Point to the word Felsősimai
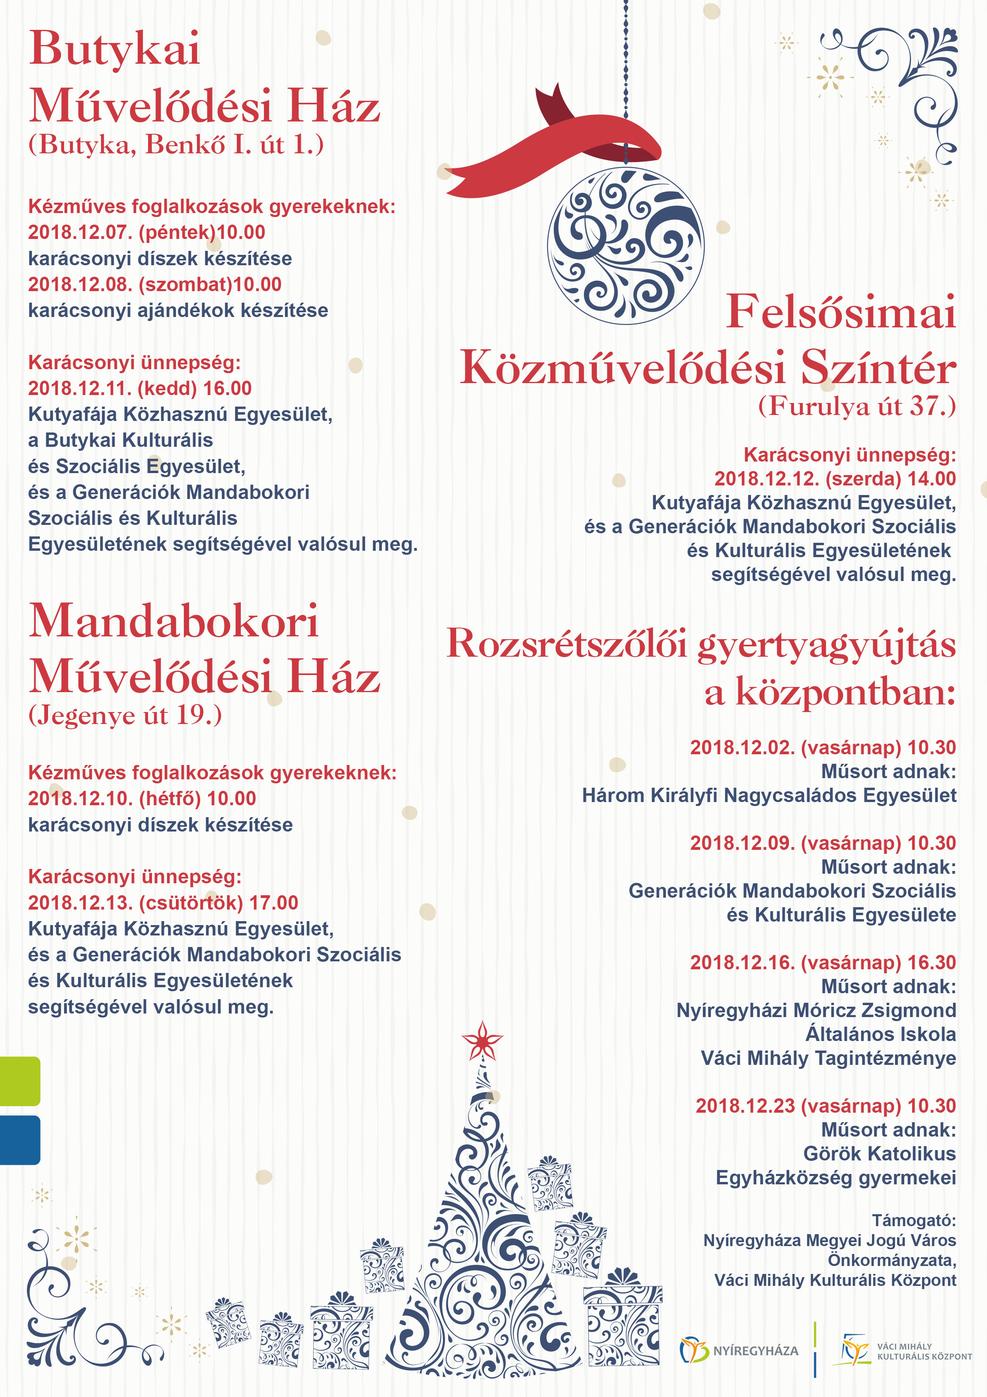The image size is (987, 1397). point(841,313)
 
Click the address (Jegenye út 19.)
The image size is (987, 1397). point(125,715)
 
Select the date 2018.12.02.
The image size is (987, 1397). point(742,748)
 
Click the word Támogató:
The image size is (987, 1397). point(913,1221)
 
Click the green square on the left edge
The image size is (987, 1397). point(20,1081)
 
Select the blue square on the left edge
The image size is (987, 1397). point(20,1140)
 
